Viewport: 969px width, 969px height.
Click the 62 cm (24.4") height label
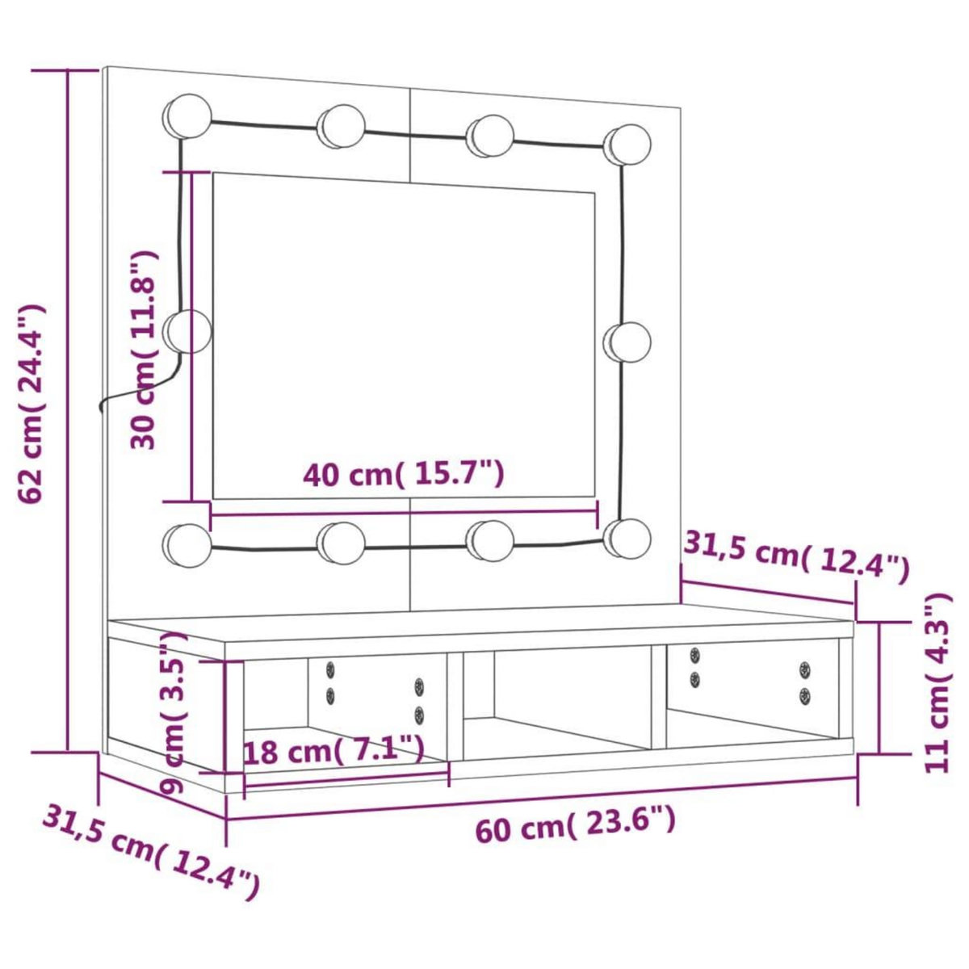[x=32, y=404]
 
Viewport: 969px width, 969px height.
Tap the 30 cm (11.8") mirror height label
[x=145, y=349]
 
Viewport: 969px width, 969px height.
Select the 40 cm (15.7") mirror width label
[x=404, y=475]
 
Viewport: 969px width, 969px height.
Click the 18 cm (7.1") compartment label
[x=333, y=752]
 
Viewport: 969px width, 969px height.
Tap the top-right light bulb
[x=628, y=145]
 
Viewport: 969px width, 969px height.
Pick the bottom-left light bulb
[x=187, y=543]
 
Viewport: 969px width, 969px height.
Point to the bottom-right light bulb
[x=628, y=538]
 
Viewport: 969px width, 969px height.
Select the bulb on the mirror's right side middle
[x=628, y=342]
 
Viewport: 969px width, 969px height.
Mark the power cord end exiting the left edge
[x=101, y=408]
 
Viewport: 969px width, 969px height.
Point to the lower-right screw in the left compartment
[x=419, y=714]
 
